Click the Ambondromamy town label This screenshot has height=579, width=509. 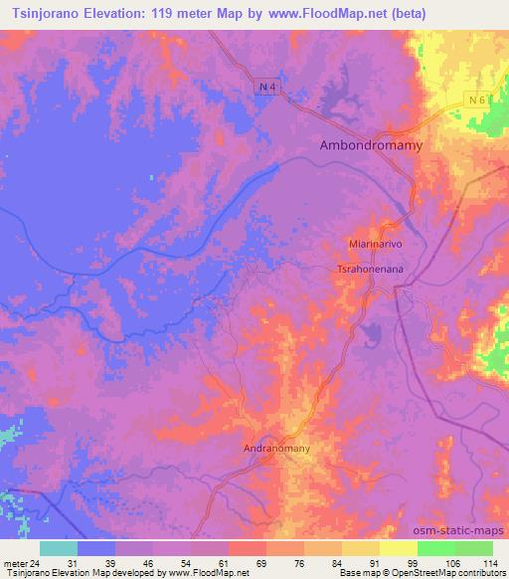click(371, 145)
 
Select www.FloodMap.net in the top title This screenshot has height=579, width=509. click(366, 14)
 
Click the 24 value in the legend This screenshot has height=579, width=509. click(40, 564)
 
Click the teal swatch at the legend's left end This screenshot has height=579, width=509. click(59, 548)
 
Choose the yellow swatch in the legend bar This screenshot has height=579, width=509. click(360, 548)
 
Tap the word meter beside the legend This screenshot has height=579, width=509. click(17, 564)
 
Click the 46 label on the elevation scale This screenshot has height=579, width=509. click(152, 564)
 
